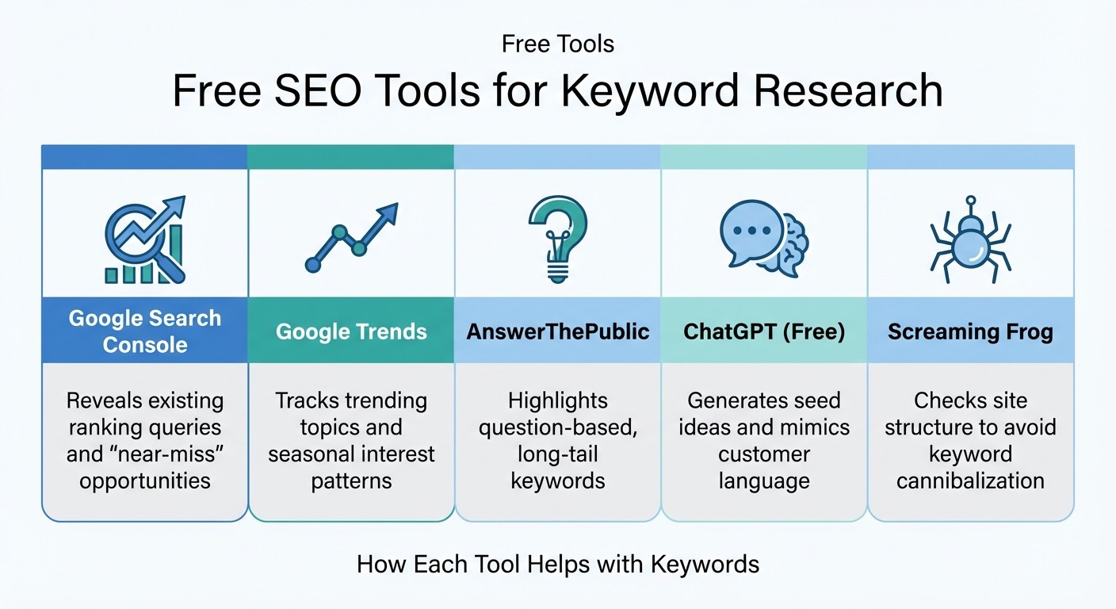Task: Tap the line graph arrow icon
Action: tap(351, 238)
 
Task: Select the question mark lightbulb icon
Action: tap(557, 238)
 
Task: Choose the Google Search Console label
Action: tap(145, 331)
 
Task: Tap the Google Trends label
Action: tap(351, 331)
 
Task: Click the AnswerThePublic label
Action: tap(557, 331)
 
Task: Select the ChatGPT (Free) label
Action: tap(764, 331)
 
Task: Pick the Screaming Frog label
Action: tap(970, 331)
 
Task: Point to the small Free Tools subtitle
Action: tap(558, 44)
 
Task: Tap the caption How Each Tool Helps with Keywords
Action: tap(558, 564)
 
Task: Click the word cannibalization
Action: tap(970, 481)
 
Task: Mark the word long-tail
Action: tap(557, 454)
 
